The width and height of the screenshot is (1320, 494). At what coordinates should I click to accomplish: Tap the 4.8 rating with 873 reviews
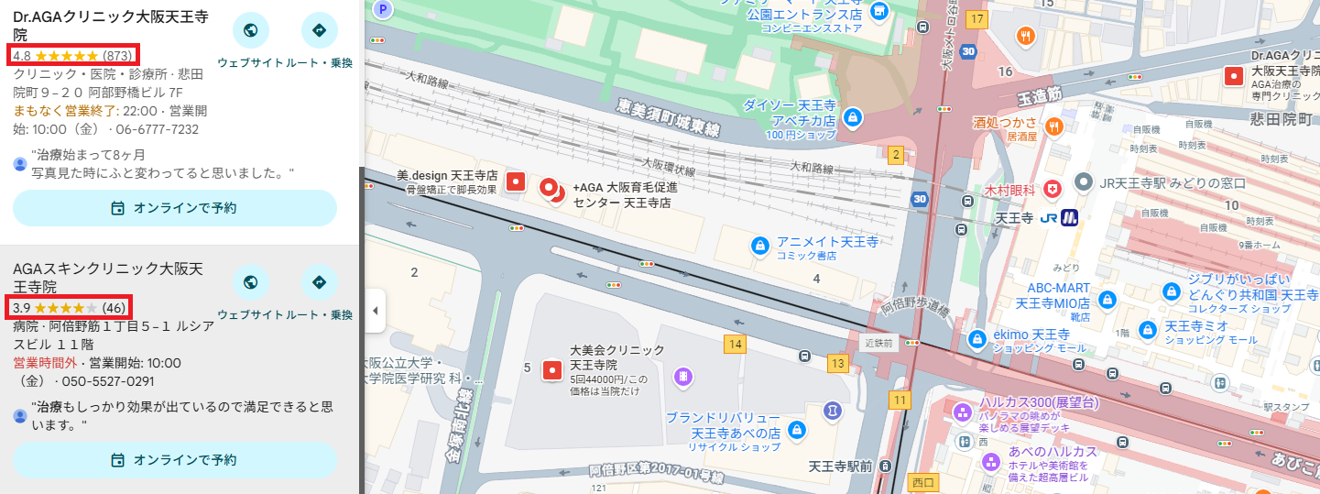(x=72, y=55)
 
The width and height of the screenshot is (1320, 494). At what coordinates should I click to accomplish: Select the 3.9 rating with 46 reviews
(x=70, y=307)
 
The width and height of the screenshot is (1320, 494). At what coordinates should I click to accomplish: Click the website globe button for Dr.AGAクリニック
(x=250, y=30)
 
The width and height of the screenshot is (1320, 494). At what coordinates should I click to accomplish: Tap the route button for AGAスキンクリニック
(x=319, y=282)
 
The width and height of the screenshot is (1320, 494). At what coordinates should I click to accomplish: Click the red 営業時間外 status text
(x=45, y=363)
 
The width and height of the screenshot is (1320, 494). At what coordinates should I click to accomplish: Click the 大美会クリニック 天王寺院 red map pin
(x=551, y=370)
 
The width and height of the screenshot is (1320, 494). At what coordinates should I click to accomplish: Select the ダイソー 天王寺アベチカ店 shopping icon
(x=853, y=116)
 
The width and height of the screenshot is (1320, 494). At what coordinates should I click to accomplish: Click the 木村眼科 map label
(x=1009, y=190)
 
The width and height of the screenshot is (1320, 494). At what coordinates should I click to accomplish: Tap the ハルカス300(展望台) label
(x=1039, y=403)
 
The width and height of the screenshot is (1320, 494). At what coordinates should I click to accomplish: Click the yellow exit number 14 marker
(x=734, y=344)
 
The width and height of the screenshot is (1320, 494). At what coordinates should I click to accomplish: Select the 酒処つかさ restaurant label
(x=1005, y=123)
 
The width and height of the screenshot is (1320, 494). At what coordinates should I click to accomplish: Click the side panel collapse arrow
(x=374, y=311)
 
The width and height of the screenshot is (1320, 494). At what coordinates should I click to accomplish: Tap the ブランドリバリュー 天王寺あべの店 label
(x=723, y=424)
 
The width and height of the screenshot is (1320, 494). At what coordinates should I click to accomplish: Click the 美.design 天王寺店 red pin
(x=515, y=181)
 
